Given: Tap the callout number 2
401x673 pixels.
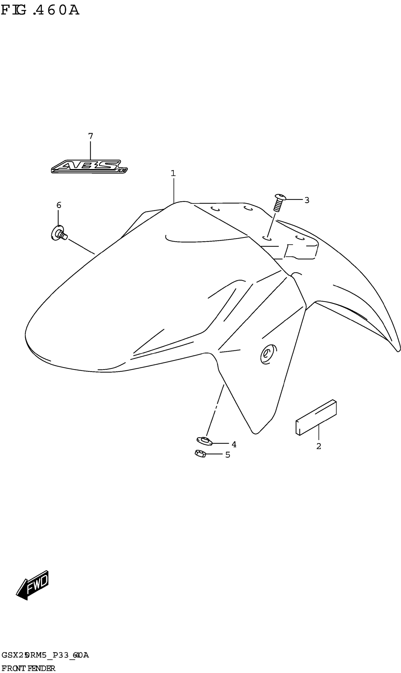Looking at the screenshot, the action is [319, 446].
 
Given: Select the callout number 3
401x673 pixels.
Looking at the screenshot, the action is [307, 200].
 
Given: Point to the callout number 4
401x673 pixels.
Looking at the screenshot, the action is [234, 444].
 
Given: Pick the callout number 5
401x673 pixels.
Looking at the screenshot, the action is [228, 455].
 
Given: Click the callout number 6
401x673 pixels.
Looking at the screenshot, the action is [59, 205].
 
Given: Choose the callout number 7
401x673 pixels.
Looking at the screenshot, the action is [91, 136].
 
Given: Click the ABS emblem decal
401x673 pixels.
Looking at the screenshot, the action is [89, 167].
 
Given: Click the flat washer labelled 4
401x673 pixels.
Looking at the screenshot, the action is [205, 441].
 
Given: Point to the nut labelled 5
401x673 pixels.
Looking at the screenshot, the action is [200, 453].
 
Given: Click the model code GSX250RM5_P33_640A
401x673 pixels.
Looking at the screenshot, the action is [45, 655].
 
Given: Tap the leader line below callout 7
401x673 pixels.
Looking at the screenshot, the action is [91, 150].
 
